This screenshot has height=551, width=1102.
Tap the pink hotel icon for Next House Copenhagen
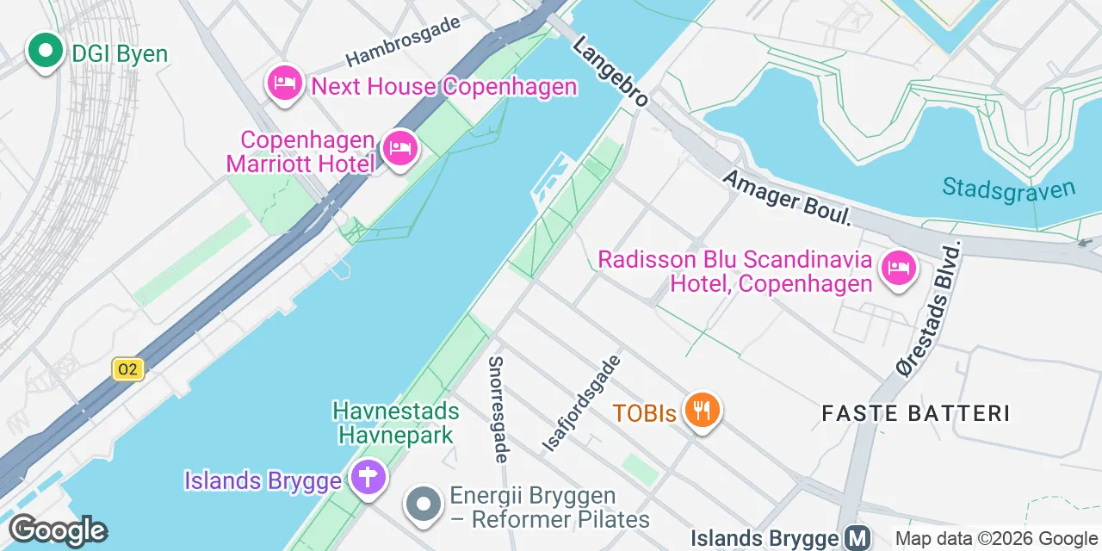[x=284, y=84]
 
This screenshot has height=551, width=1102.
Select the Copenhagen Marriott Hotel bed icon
[x=399, y=150]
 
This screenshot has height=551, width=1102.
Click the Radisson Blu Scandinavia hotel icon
[x=897, y=269]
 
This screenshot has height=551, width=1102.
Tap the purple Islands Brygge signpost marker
[x=368, y=477]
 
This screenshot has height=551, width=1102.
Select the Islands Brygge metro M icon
[x=857, y=539]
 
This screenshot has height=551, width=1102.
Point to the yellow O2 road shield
[x=127, y=369]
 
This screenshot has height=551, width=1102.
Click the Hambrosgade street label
[x=403, y=40]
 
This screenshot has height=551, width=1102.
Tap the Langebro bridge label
[x=610, y=71]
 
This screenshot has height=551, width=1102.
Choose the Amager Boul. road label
[x=787, y=197]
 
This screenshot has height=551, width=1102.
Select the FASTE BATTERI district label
[x=915, y=413]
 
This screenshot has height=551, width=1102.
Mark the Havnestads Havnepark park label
[x=396, y=423]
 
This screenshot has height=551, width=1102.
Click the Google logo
[x=58, y=530]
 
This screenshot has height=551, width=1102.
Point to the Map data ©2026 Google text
[x=995, y=539]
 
